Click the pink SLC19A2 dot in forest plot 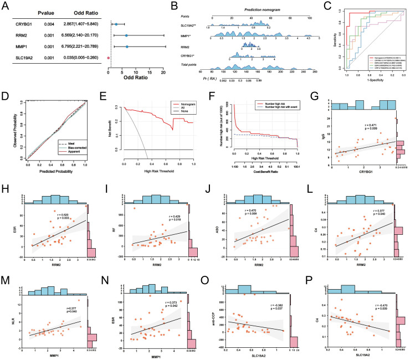109,57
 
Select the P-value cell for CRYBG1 49,25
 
